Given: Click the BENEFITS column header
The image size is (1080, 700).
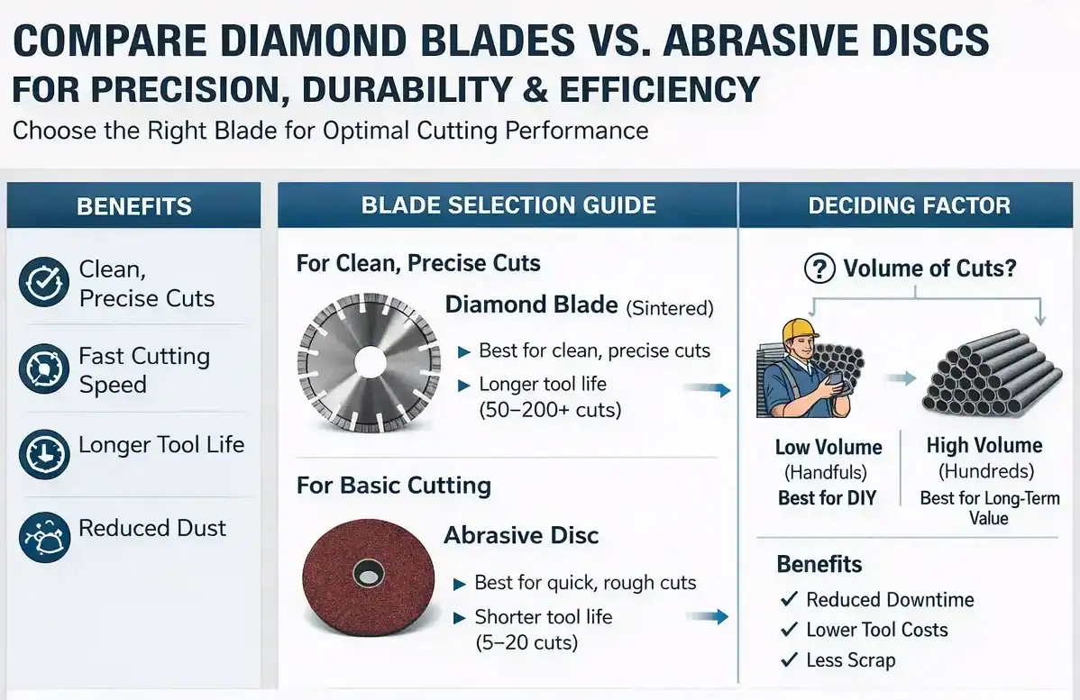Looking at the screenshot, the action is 134,205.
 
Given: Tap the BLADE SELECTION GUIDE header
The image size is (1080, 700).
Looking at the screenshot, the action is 508,205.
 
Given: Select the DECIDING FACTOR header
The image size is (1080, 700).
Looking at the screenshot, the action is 910,205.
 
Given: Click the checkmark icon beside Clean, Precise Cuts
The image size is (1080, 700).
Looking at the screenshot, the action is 44,281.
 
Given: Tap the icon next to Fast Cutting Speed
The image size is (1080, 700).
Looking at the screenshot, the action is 44,369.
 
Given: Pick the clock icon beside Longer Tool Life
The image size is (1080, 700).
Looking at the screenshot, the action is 44,454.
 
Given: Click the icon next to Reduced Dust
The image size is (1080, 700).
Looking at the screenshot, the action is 44,538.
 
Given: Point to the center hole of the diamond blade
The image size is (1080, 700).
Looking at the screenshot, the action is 370,362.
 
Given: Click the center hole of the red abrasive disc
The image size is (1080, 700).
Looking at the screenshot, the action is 368,573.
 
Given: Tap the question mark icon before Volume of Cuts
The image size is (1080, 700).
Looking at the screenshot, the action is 819,268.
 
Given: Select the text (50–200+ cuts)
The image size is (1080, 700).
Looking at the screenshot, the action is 550,410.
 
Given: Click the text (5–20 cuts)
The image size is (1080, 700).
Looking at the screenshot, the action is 526,643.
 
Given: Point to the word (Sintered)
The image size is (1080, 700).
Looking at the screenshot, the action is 670,308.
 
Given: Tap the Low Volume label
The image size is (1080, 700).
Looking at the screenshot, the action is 828,448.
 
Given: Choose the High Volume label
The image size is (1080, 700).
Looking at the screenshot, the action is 984,445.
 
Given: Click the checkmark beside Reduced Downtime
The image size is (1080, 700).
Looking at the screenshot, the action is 790,599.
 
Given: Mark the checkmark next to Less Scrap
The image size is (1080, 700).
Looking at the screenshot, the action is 790,659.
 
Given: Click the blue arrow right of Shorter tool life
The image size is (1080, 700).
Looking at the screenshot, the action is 707,616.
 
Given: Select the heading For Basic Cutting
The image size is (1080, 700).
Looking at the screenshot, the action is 394,486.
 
